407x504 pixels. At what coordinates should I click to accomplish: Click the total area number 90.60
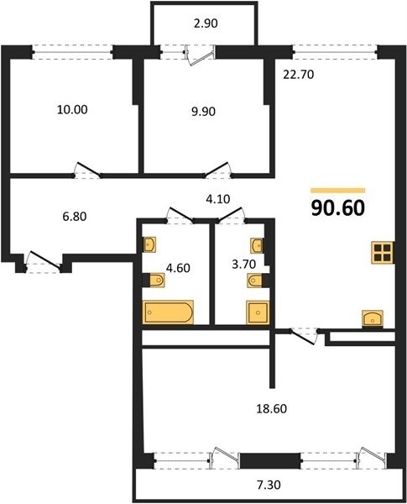pos(338,208)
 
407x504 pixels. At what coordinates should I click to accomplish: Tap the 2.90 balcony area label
pos(206,24)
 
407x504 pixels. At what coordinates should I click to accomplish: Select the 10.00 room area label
pos(72,109)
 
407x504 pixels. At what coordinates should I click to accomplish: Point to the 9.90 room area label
pos(203,112)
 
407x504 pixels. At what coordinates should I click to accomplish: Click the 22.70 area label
pos(299,75)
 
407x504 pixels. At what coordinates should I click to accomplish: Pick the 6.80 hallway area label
pos(75,217)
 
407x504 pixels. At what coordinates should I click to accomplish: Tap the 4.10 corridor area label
pos(218,199)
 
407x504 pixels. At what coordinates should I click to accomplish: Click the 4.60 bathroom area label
pos(178,268)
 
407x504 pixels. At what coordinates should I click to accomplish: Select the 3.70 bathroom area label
pos(244,265)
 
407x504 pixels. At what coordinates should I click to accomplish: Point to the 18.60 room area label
pos(271,409)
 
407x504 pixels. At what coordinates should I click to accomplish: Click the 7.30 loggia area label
pos(269,485)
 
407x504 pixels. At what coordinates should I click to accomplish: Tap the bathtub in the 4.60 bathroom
pos(168,312)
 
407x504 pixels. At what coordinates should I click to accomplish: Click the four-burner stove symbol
pos(383,253)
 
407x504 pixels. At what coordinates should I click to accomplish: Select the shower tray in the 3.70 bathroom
pos(258,312)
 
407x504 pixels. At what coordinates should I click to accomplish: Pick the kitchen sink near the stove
pos(373,318)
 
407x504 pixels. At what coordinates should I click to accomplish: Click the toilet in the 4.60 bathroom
pos(156,280)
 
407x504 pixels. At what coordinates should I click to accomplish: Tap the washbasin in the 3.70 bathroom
pos(257,246)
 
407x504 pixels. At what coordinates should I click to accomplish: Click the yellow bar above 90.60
pos(338,191)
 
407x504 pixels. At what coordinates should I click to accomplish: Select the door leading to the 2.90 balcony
pos(200,55)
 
